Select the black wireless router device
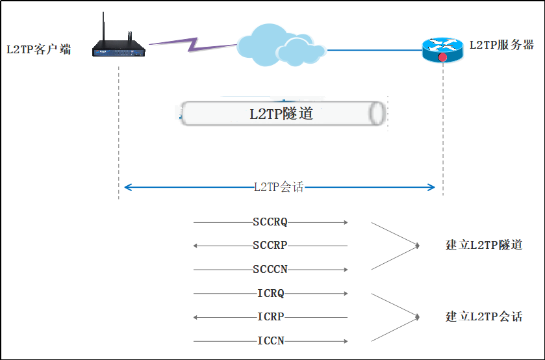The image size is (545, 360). (119, 47)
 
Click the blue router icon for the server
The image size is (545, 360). (442, 49)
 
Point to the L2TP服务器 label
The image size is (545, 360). (501, 45)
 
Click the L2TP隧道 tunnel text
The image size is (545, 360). (281, 114)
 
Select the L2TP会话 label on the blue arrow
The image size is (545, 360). (279, 188)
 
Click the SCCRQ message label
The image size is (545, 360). (270, 222)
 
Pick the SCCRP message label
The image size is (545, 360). (270, 246)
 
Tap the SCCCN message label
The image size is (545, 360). (270, 270)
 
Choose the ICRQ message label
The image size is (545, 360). (271, 294)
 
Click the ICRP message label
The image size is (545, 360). (271, 317)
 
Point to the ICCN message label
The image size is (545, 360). (271, 341)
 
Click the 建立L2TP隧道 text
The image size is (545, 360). (484, 246)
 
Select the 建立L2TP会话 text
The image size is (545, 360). (484, 317)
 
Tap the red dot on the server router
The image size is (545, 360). (442, 57)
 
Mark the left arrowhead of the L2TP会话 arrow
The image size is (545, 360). (127, 188)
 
